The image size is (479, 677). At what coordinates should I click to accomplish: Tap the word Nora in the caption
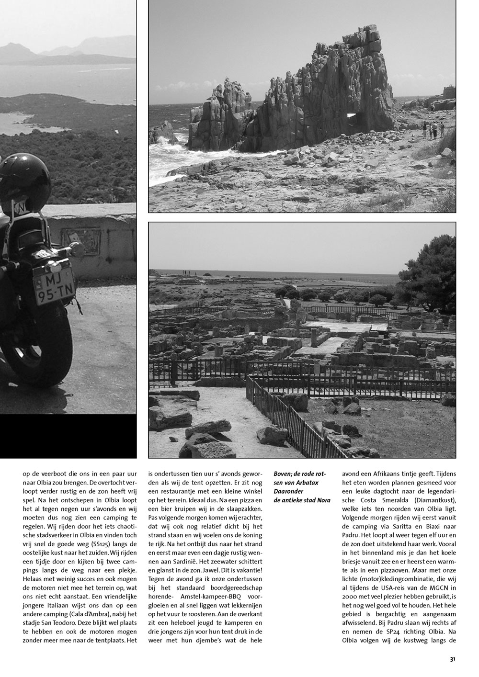[x=323, y=500]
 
